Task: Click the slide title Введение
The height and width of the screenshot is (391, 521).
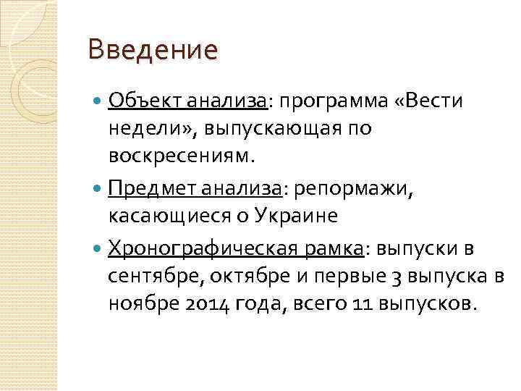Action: (151, 51)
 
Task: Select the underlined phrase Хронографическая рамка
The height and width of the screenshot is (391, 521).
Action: (236, 250)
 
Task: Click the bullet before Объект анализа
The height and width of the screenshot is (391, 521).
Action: (98, 102)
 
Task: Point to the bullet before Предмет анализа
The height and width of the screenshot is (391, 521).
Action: (98, 189)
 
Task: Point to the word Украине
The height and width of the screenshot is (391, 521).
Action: (299, 216)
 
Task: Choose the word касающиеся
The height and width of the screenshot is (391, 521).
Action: (174, 216)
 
